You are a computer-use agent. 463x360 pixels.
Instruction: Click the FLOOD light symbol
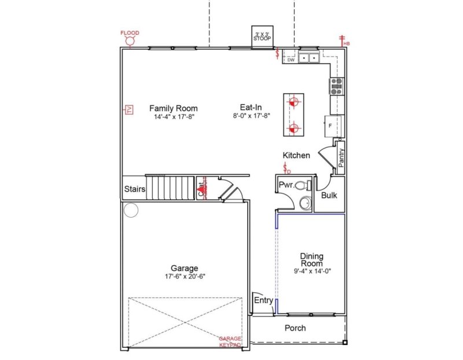pyautogui.click(x=130, y=42)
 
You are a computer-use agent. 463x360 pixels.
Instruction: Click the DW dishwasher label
pyautogui.click(x=291, y=59)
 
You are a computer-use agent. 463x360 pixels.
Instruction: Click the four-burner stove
pyautogui.click(x=337, y=86)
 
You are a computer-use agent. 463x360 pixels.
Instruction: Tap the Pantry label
pyautogui.click(x=341, y=157)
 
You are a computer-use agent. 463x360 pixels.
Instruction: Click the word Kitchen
pyautogui.click(x=296, y=155)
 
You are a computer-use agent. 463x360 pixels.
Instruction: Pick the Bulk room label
pyautogui.click(x=329, y=195)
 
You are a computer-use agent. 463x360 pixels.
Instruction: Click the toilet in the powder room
pyautogui.click(x=303, y=186)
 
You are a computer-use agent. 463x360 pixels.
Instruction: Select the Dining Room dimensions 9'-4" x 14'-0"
pyautogui.click(x=311, y=271)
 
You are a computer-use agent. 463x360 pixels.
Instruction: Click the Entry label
pyautogui.click(x=263, y=300)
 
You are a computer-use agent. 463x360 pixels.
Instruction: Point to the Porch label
pyautogui.click(x=295, y=328)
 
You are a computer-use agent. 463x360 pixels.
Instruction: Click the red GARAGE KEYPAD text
pyautogui.click(x=230, y=341)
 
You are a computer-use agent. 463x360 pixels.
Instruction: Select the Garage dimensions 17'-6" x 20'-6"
pyautogui.click(x=184, y=277)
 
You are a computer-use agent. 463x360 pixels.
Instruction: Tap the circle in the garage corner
pyautogui.click(x=131, y=210)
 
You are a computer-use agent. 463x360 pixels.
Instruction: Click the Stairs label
pyautogui.click(x=134, y=189)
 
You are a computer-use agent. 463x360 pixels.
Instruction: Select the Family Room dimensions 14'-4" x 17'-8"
pyautogui.click(x=174, y=116)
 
